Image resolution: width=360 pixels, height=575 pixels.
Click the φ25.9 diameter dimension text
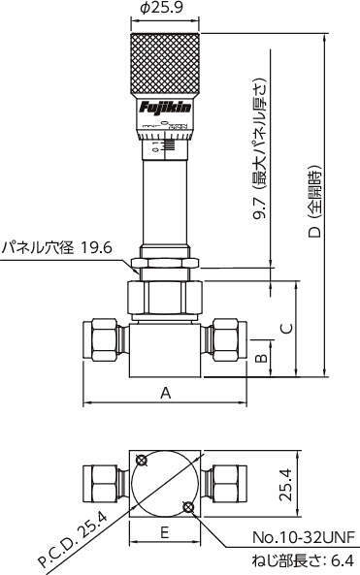(161, 8)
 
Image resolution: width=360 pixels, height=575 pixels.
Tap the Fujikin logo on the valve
(165, 108)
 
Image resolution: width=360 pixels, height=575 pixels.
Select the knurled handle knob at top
(166, 65)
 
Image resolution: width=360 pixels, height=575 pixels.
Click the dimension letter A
(166, 393)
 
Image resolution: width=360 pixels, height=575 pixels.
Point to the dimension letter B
(261, 358)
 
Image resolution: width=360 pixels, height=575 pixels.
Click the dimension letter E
(165, 531)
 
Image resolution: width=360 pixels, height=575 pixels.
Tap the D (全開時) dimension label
(314, 202)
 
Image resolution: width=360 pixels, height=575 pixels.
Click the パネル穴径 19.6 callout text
(57, 248)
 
